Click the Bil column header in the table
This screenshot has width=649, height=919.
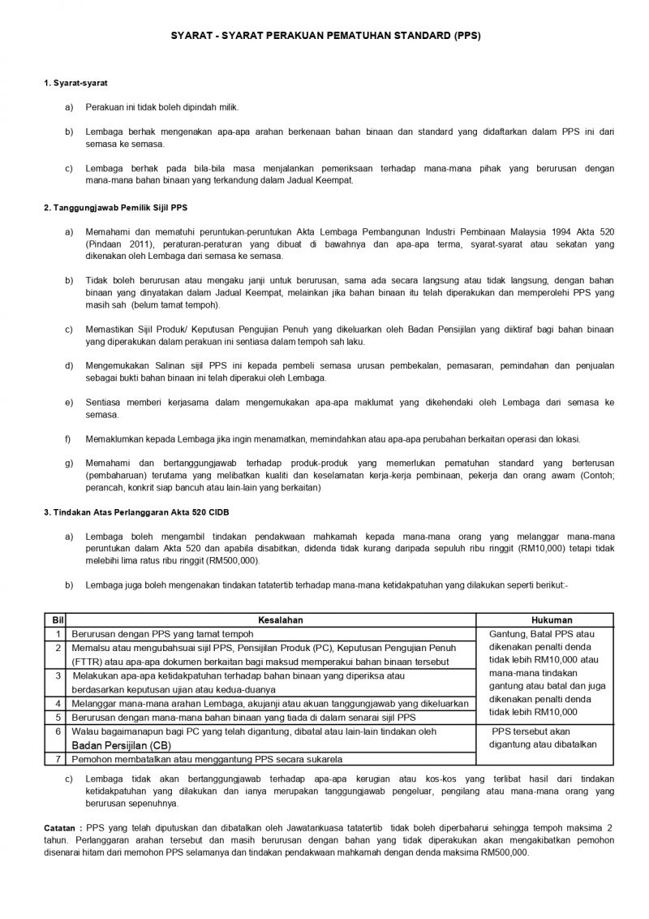click(x=58, y=619)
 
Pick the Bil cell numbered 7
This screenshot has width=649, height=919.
click(x=58, y=759)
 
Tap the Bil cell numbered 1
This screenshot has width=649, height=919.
click(x=58, y=633)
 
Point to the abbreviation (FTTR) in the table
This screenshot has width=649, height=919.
click(x=87, y=661)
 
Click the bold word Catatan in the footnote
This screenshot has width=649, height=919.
click(x=61, y=826)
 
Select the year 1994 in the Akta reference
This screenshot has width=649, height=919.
click(x=566, y=232)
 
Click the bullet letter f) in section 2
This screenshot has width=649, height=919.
click(x=68, y=439)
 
